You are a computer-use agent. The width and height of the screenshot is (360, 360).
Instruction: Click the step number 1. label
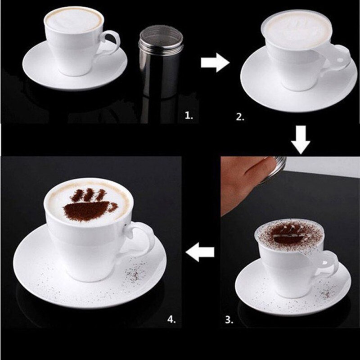pos(189,116)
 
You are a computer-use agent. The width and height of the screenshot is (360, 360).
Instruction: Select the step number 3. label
pos(229,320)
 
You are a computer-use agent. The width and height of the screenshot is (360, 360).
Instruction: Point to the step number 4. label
pos(172,319)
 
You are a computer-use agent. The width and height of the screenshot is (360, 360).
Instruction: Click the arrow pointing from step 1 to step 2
pos(215,63)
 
